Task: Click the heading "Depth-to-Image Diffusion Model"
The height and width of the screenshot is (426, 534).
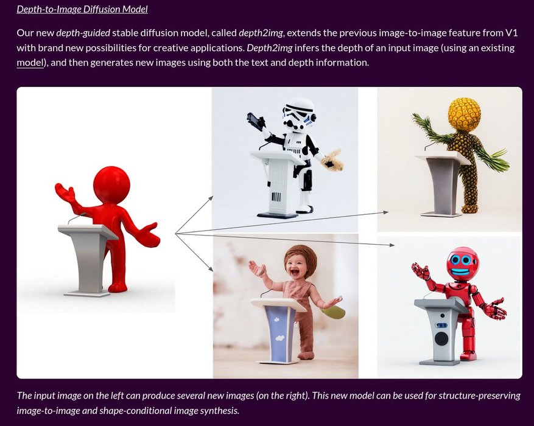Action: [82, 9]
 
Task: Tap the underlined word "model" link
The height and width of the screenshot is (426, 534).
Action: [30, 62]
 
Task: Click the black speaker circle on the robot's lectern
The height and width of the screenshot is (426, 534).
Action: [442, 338]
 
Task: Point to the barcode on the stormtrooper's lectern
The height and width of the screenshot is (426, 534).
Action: [276, 197]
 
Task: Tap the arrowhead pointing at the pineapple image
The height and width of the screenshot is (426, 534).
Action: [386, 212]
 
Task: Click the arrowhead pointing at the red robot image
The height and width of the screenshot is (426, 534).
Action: [392, 245]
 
